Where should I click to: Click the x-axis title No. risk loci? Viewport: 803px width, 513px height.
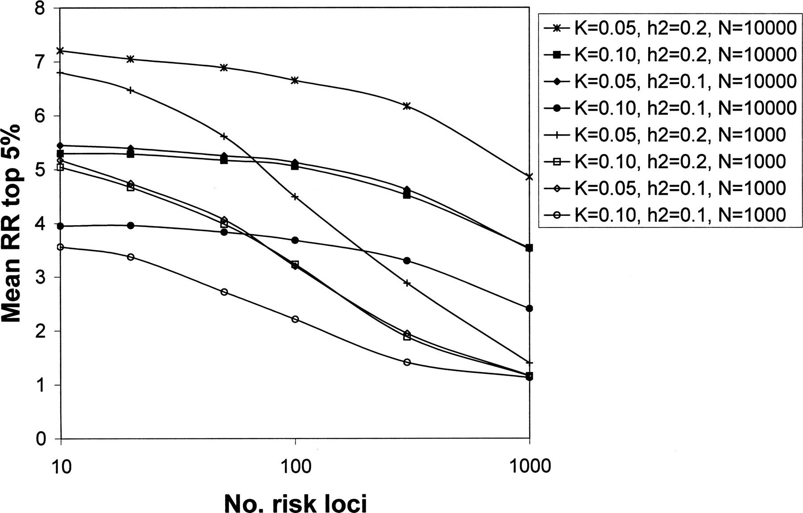tap(296, 504)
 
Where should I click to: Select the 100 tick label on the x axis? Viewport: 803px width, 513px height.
tap(295, 467)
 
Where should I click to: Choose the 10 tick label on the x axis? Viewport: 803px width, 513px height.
tap(61, 467)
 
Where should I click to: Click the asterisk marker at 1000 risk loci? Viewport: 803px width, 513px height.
tap(530, 177)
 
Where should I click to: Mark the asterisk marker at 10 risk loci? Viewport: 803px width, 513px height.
tap(61, 50)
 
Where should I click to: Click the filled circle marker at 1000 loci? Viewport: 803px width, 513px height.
tap(530, 308)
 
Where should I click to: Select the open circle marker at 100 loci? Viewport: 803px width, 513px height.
tap(295, 319)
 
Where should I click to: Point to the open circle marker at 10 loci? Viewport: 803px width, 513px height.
tap(61, 247)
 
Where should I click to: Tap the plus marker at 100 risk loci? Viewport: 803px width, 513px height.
tap(295, 196)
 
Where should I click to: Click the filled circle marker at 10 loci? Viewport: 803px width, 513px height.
tap(61, 226)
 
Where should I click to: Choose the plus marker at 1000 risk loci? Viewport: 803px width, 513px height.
tap(530, 363)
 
